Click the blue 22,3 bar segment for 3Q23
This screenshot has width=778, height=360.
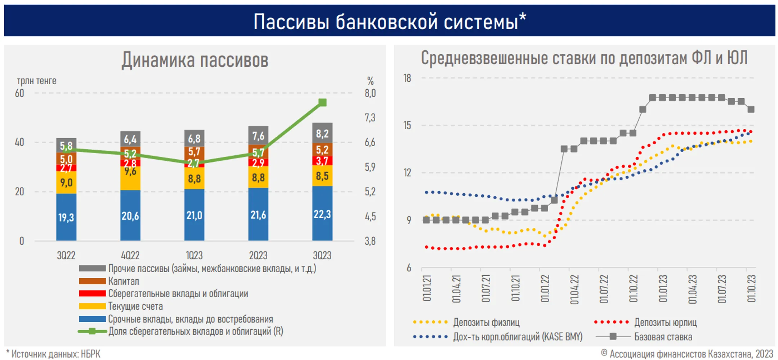[322, 214]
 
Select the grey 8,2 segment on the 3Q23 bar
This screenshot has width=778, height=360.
[322, 134]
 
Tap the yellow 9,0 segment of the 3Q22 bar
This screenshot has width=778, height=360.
[66, 183]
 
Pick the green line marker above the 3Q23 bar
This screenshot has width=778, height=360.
[322, 103]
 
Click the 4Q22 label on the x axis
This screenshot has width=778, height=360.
[130, 255]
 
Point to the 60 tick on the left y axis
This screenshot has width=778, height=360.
[19, 93]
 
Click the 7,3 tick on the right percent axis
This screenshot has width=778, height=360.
[370, 118]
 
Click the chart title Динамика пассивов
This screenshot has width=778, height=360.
[195, 60]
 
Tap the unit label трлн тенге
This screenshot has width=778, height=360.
[36, 81]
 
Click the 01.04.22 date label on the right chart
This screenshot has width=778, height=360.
[574, 289]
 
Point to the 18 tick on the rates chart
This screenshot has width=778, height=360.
[407, 78]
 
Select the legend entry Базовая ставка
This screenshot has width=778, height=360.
[663, 337]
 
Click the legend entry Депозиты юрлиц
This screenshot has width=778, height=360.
[665, 322]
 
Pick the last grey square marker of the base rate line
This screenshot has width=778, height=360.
[751, 109]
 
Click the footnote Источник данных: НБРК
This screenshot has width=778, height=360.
[56, 354]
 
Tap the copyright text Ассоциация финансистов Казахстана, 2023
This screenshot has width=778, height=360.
[691, 354]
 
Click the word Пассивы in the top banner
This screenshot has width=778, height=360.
[291, 22]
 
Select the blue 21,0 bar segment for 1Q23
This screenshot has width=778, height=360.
[194, 215]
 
